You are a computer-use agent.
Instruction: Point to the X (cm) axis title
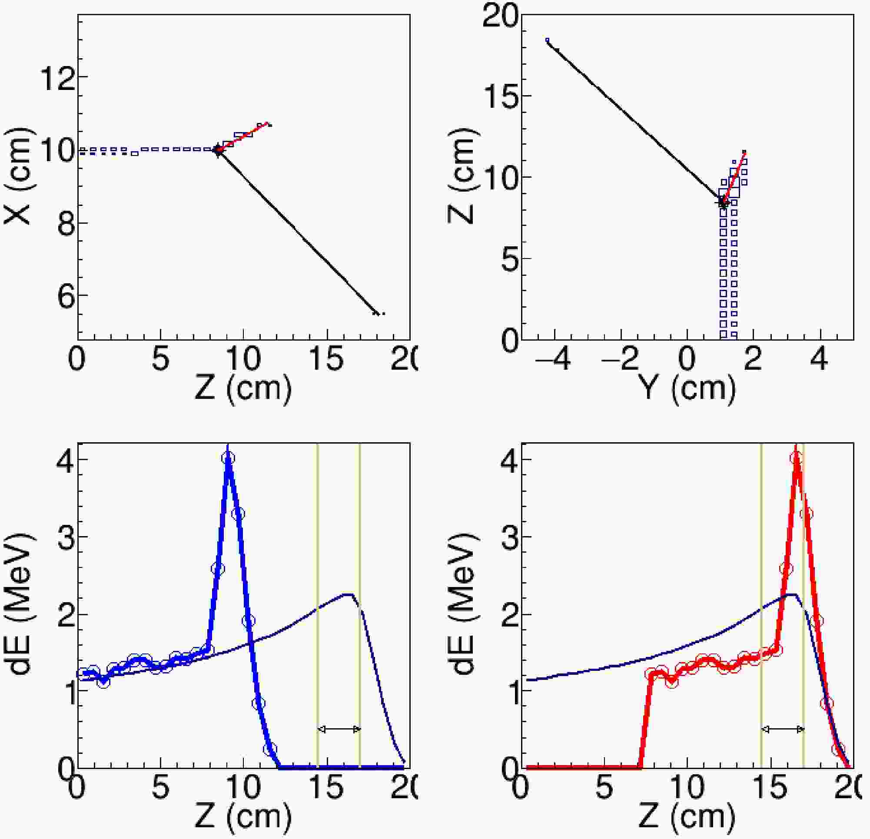[18, 178]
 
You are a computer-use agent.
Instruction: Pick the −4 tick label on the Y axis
[553, 359]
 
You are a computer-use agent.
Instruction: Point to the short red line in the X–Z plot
[244, 136]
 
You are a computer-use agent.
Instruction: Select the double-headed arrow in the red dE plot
[783, 730]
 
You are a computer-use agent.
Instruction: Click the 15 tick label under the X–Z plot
[327, 359]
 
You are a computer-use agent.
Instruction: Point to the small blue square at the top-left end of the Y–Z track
[547, 40]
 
